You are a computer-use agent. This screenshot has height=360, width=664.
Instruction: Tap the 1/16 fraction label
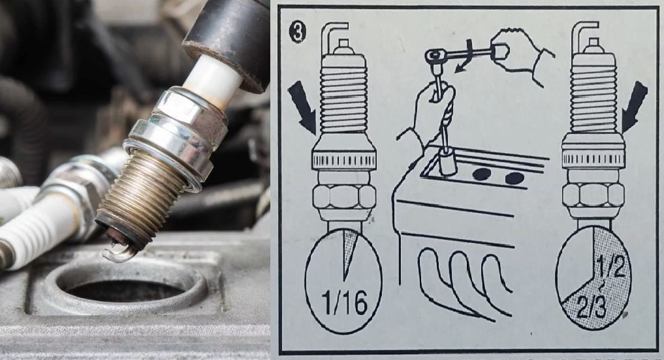tap(346, 302)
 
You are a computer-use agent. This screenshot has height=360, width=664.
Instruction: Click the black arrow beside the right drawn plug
tap(634, 106)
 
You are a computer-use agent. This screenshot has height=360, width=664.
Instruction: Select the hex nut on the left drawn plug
tap(344, 196)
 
